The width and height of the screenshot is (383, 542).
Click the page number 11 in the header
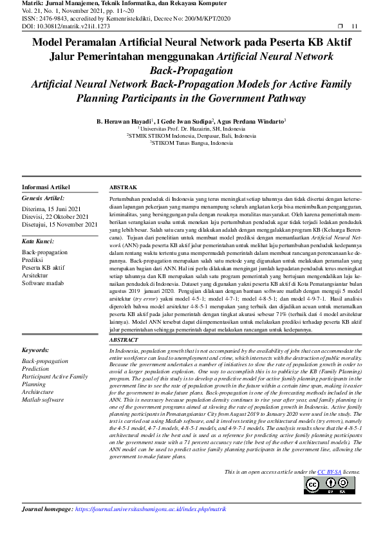[354, 26]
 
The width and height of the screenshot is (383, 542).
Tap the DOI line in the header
[57, 26]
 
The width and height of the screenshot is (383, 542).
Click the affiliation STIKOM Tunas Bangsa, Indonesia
[191, 143]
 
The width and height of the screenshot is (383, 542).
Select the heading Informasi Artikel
[47, 187]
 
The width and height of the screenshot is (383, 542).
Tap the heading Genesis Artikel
[44, 198]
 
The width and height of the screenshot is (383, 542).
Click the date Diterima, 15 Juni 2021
[51, 209]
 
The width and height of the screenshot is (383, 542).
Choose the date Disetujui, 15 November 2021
[59, 224]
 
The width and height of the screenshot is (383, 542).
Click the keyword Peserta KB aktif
[43, 266]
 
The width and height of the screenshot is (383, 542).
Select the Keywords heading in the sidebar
[36, 351]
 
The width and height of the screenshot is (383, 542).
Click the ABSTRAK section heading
[123, 187]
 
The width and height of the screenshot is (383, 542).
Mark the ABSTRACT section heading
[124, 339]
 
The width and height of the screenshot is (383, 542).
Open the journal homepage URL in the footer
[151, 509]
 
